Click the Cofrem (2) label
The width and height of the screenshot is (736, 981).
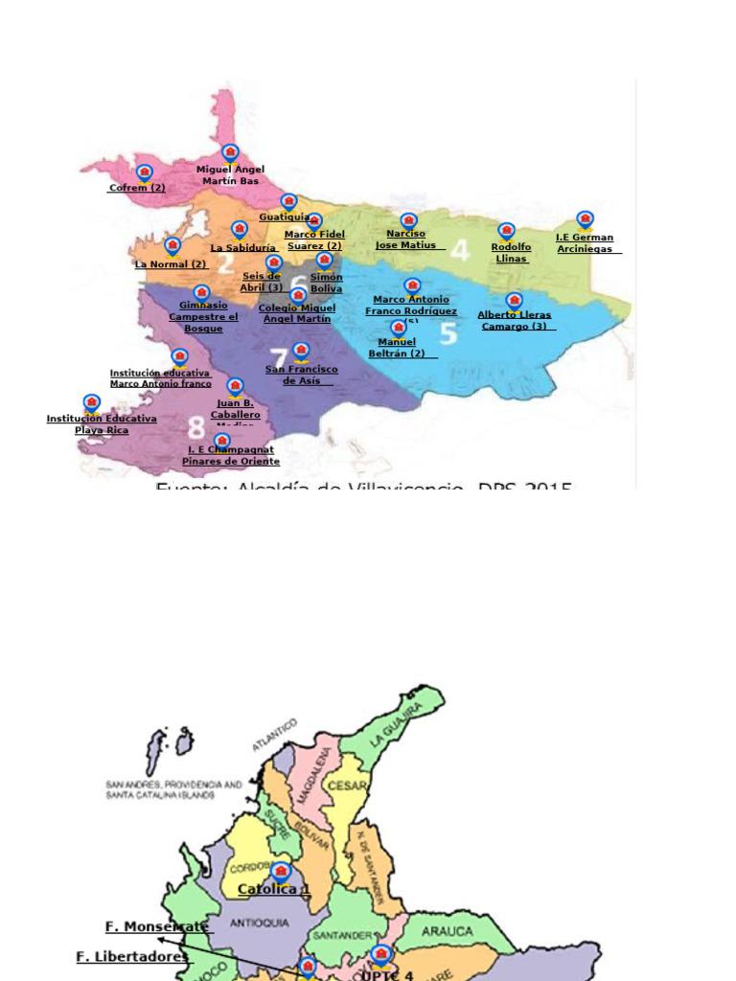[136, 188]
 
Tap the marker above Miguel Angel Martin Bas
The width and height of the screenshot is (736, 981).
[230, 153]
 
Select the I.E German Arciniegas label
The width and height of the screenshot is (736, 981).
[585, 243]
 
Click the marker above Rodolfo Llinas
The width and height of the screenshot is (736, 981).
[506, 231]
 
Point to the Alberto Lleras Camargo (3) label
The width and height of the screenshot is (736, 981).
[515, 320]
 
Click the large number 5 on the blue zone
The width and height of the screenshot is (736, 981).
[448, 332]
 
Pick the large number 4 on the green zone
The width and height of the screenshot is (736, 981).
[460, 250]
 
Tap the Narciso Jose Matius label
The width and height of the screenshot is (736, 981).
[405, 240]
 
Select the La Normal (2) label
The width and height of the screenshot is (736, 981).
[171, 264]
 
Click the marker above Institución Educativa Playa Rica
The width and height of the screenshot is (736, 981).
[91, 402]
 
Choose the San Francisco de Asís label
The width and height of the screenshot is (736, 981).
[301, 375]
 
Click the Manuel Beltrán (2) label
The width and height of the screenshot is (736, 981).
[397, 348]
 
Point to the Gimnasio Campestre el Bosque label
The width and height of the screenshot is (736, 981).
[203, 317]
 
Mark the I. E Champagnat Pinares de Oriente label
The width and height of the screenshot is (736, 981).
[231, 455]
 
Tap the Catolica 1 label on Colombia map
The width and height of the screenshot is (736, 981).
[274, 889]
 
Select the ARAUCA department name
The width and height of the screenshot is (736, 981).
[448, 930]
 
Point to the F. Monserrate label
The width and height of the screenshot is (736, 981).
[156, 926]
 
